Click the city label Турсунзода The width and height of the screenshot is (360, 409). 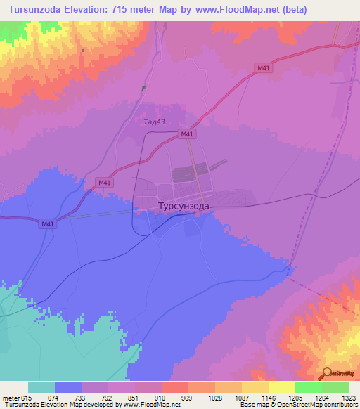pyautogui.click(x=183, y=207)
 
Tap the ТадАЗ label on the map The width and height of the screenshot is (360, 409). pyautogui.click(x=153, y=122)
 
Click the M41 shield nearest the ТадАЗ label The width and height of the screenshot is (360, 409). pyautogui.click(x=187, y=134)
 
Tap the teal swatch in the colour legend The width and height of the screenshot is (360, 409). pyautogui.click(x=41, y=388)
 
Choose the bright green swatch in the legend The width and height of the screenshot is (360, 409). pyautogui.click(x=308, y=388)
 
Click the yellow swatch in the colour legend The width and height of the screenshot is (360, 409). pyautogui.click(x=281, y=388)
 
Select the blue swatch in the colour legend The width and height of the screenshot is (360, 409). pyautogui.click(x=68, y=388)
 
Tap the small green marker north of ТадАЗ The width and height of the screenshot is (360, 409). pyautogui.click(x=143, y=89)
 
